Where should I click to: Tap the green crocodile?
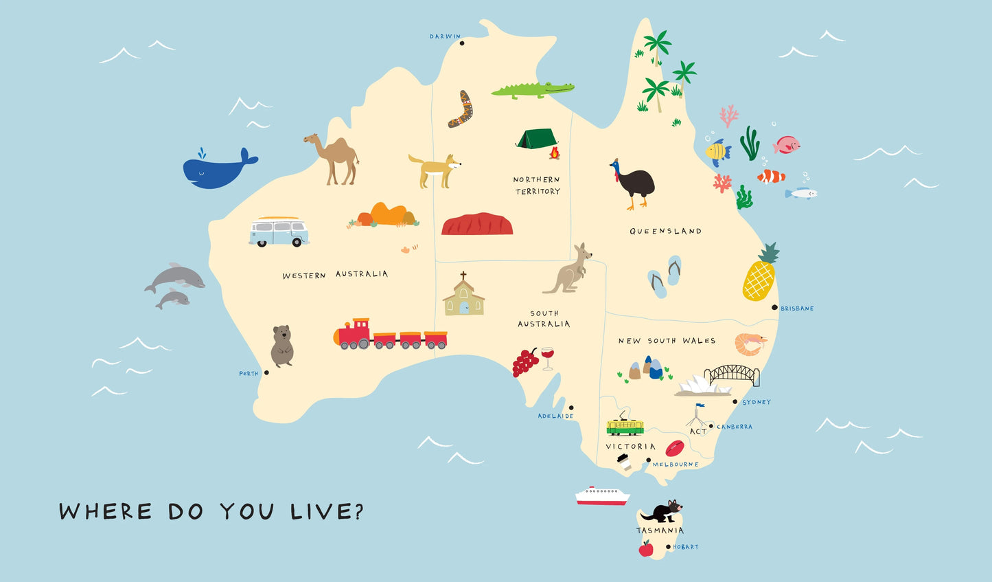pyautogui.click(x=532, y=90)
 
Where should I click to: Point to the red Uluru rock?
pyautogui.click(x=477, y=225)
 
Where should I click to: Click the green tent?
pyautogui.click(x=536, y=139)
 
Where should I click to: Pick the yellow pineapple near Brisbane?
pyautogui.click(x=759, y=278)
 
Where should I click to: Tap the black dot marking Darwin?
pyautogui.click(x=462, y=43)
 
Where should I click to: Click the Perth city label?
pyautogui.click(x=249, y=374)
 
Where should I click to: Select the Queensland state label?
pyautogui.click(x=665, y=232)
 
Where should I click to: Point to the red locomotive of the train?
pyautogui.click(x=355, y=334)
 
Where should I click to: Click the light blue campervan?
pyautogui.click(x=278, y=232)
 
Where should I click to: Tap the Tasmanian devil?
pyautogui.click(x=663, y=512)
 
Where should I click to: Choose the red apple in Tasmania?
pyautogui.click(x=646, y=548)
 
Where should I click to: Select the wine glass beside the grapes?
pyautogui.click(x=547, y=357)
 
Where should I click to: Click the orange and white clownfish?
pyautogui.click(x=772, y=177)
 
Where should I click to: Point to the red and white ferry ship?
pyautogui.click(x=602, y=496)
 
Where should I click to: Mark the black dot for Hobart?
pyautogui.click(x=669, y=547)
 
